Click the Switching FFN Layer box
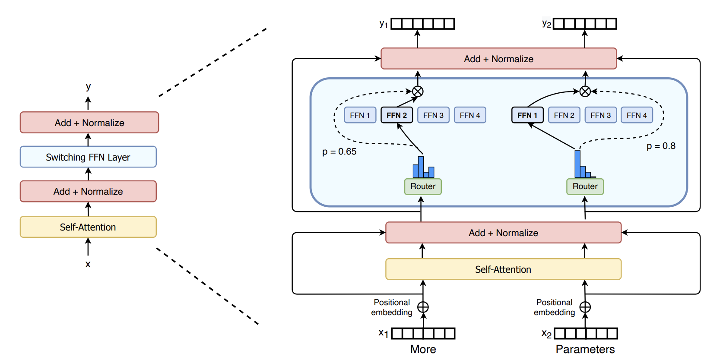(88, 157)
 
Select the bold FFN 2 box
(396, 115)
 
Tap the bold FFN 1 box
(527, 115)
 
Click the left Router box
(423, 186)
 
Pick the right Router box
(585, 186)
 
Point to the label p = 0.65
(339, 152)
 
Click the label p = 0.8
(661, 146)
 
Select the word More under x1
(423, 349)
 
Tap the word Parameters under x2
(585, 349)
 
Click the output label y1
(384, 24)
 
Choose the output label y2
(546, 24)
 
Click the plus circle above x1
(423, 307)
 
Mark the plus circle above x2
(585, 307)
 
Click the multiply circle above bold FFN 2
(418, 92)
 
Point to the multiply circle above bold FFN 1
(585, 92)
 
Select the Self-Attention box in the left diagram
(88, 227)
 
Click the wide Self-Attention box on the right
(503, 269)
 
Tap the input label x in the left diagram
(88, 264)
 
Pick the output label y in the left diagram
(88, 86)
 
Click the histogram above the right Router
(583, 166)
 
